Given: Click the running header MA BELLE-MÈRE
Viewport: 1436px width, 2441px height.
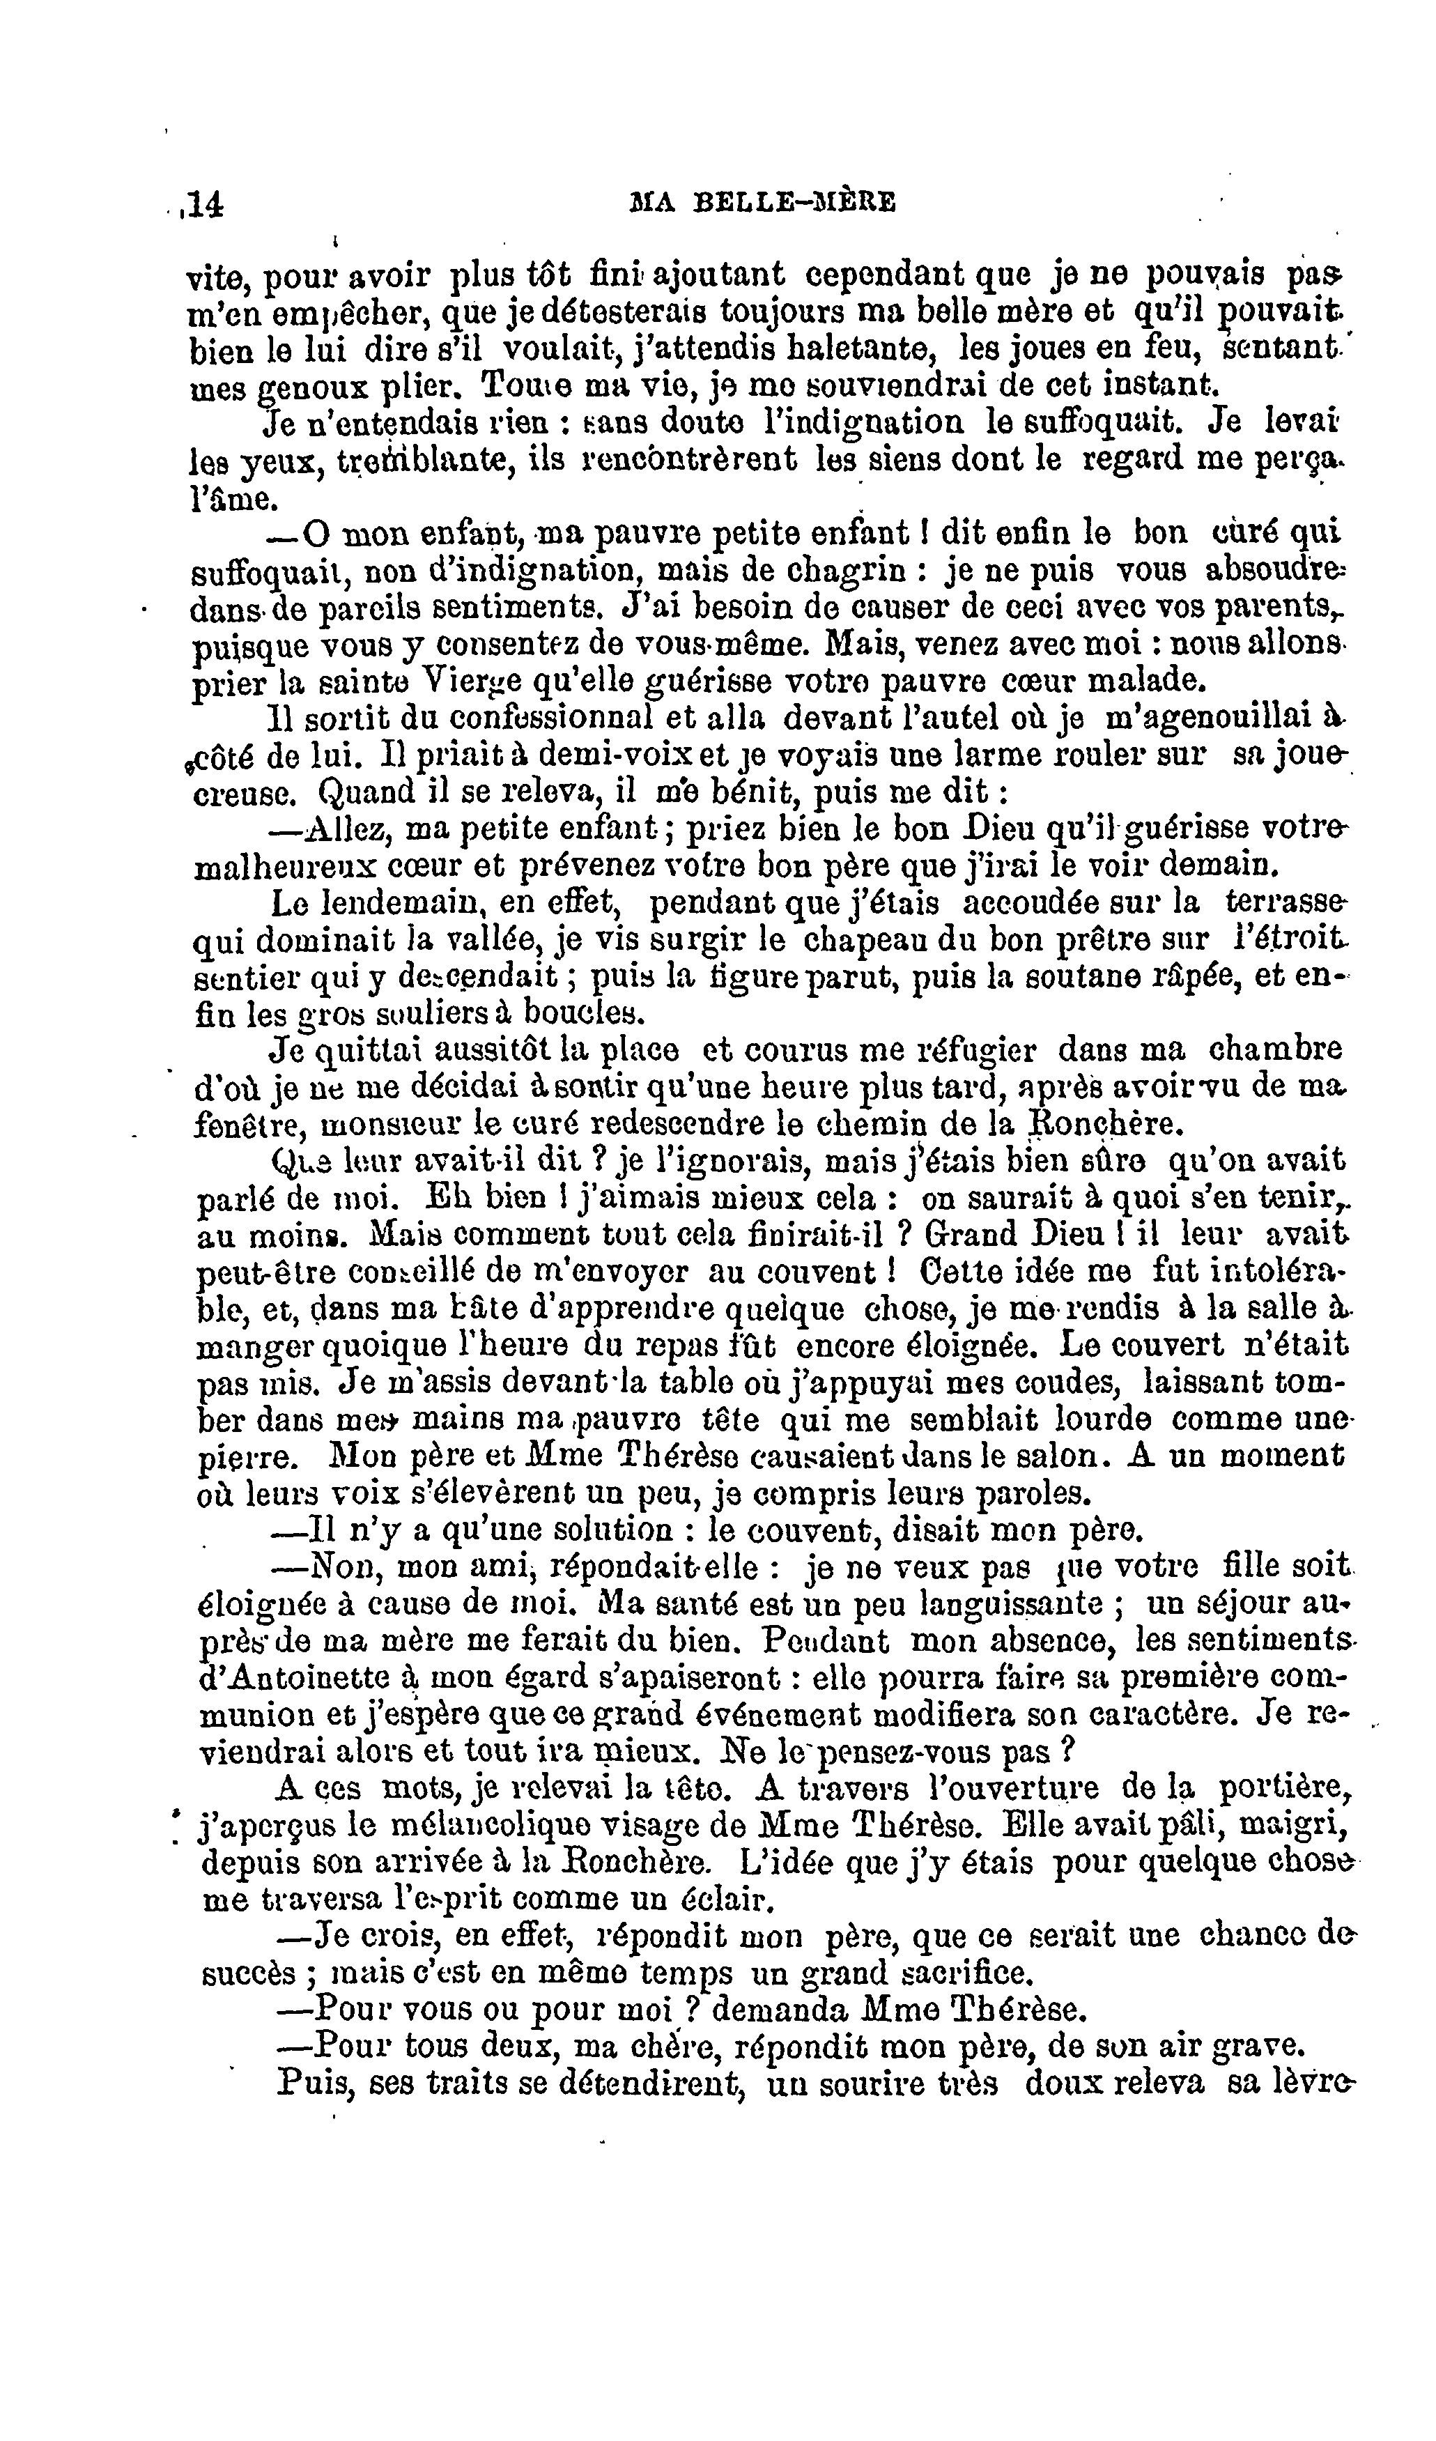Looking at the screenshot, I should click(x=762, y=203).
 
